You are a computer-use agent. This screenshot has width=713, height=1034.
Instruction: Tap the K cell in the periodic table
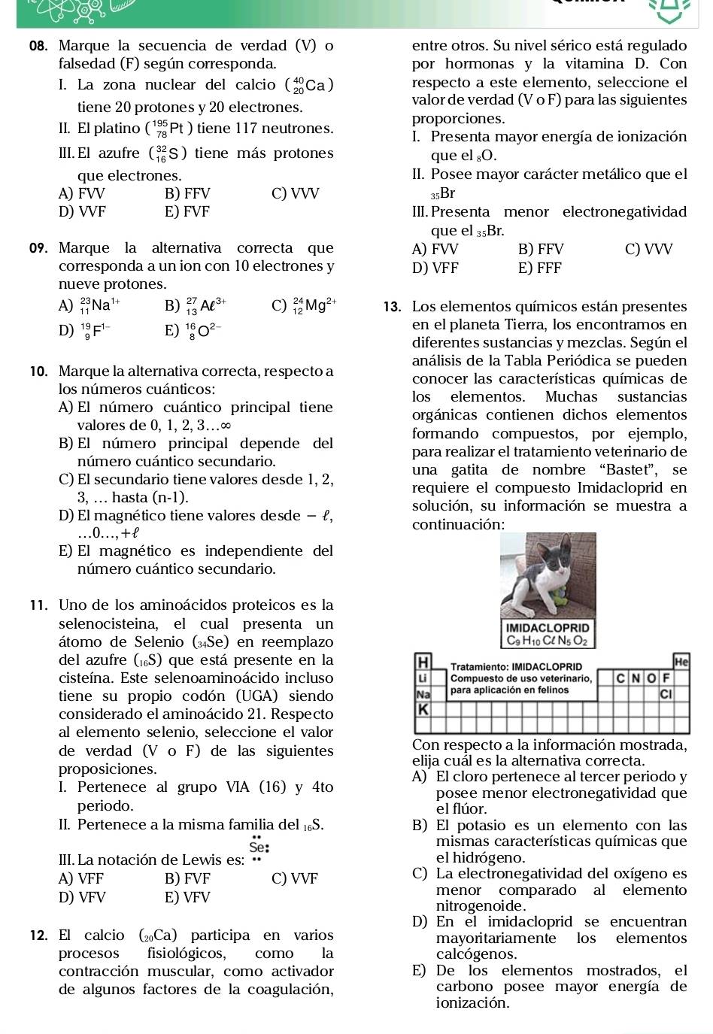tap(422, 708)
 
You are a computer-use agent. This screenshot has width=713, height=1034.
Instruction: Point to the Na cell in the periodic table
tap(422, 693)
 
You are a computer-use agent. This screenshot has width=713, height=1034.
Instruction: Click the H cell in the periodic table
tap(422, 662)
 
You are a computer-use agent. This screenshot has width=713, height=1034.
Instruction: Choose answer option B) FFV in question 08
tap(187, 193)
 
